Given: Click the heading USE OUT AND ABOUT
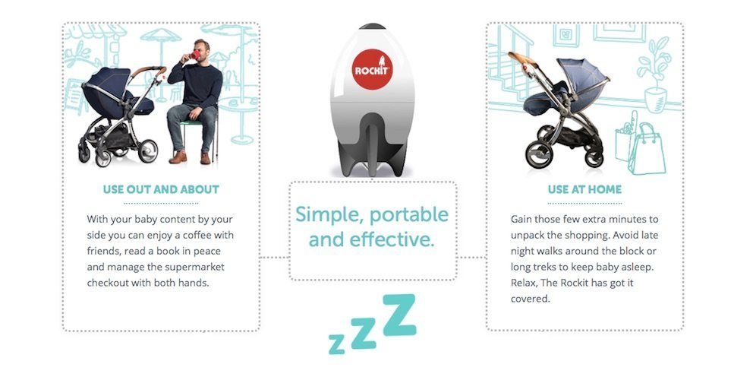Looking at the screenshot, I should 161,189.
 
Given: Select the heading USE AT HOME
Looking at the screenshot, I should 584,189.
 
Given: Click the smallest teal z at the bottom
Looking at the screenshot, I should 336,344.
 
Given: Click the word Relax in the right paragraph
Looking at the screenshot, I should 525,283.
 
